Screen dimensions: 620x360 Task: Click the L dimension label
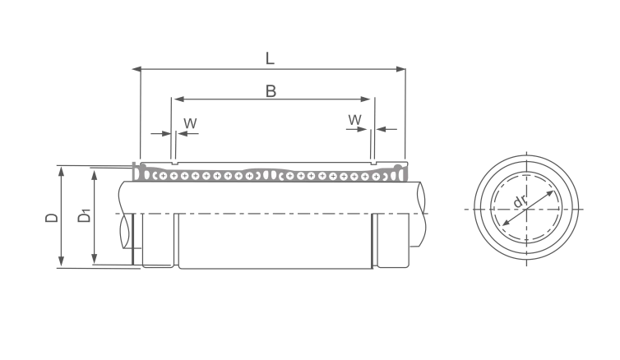[269, 58]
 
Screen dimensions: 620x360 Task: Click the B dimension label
[271, 91]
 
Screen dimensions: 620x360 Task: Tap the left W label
[190, 123]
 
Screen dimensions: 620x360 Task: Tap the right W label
[354, 120]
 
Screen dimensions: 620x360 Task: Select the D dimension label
[52, 217]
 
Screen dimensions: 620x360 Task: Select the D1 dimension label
[84, 216]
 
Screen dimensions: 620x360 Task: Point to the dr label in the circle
[520, 201]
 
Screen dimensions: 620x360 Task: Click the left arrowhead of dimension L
[136, 69]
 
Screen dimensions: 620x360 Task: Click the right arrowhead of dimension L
[401, 69]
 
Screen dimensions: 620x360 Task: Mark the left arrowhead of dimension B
[178, 99]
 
